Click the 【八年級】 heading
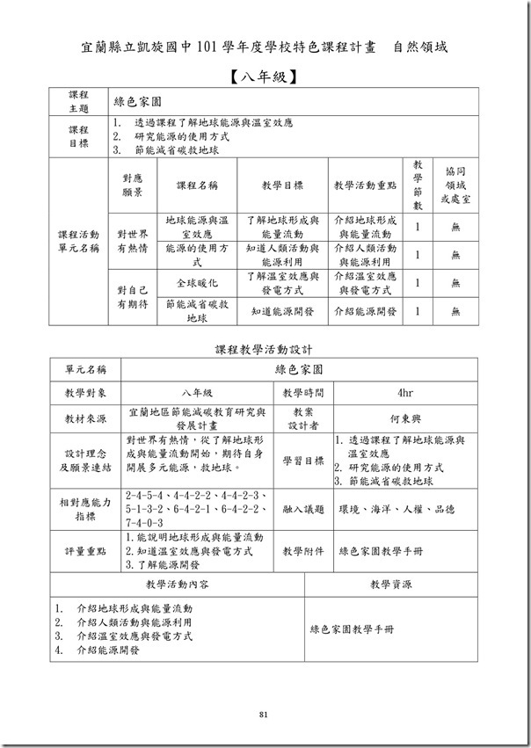[265, 76]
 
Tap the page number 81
[263, 713]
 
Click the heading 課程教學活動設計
[264, 350]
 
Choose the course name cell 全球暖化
[197, 283]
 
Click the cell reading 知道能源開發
[282, 310]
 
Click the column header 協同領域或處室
[455, 186]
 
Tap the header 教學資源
[390, 584]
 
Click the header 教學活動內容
[177, 584]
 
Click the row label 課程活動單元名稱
[78, 242]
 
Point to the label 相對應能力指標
[84, 509]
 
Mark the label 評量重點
[84, 551]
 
